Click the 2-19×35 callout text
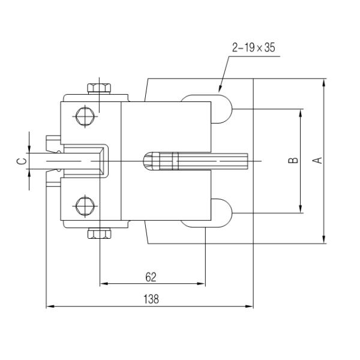click(x=253, y=47)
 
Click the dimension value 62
click(x=151, y=277)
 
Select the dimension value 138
click(x=151, y=299)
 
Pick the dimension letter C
click(x=20, y=161)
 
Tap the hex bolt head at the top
click(x=100, y=88)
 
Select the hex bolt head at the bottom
click(x=100, y=233)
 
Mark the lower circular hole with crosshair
click(x=83, y=206)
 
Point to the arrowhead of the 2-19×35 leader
click(x=219, y=91)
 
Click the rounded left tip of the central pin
click(x=145, y=161)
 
